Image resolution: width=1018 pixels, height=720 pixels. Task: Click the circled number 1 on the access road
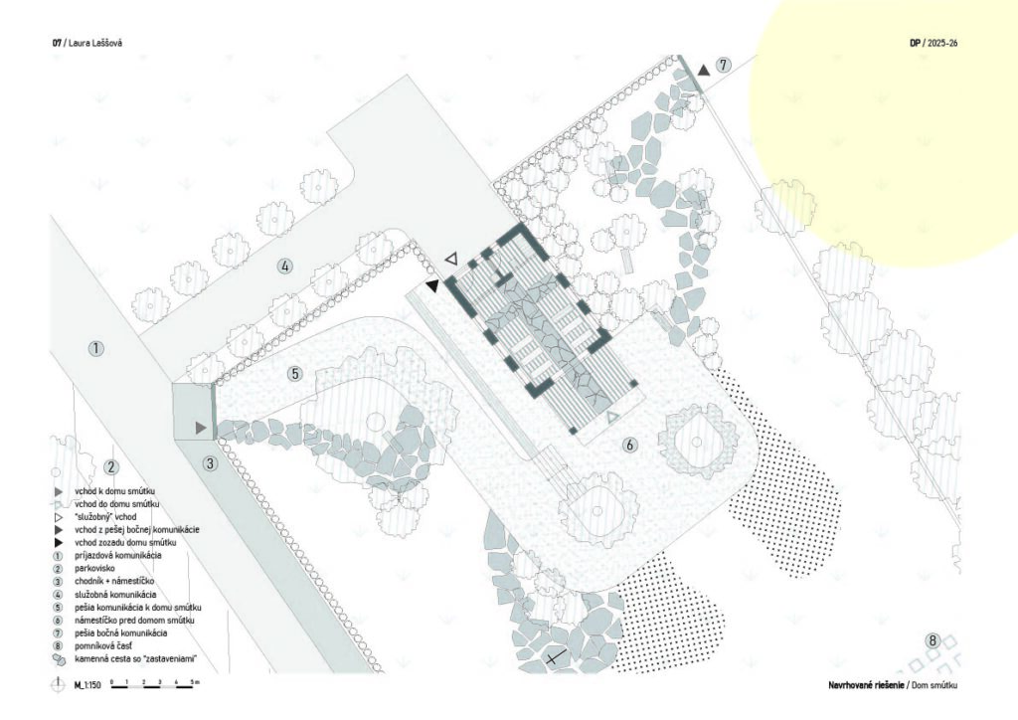tap(95, 349)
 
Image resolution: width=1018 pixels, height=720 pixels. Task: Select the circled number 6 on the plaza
tap(629, 446)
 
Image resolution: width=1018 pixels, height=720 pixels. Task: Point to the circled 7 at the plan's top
tap(724, 65)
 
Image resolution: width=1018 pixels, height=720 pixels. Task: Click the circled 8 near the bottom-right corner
tap(933, 641)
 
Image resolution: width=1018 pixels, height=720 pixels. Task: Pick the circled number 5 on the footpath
tap(295, 373)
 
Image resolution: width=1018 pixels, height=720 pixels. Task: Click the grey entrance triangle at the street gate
tap(201, 428)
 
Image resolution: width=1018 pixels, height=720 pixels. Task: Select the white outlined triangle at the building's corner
tap(452, 259)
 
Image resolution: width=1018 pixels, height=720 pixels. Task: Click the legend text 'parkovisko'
tap(94, 569)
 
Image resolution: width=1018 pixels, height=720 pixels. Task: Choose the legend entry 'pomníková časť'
tap(102, 646)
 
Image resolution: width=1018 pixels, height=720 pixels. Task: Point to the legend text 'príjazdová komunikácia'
tap(117, 556)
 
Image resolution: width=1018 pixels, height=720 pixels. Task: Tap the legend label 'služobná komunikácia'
tap(115, 595)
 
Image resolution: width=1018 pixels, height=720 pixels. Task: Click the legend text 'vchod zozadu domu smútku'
tap(124, 543)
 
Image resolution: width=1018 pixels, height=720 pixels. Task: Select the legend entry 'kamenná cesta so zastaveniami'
tap(135, 659)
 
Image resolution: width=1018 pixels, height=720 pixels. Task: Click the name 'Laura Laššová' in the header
tap(94, 43)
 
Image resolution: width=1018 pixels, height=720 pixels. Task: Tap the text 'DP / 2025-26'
tap(933, 43)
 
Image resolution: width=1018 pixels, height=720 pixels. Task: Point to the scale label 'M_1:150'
tap(87, 685)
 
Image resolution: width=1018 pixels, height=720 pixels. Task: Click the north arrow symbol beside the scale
tap(59, 684)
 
